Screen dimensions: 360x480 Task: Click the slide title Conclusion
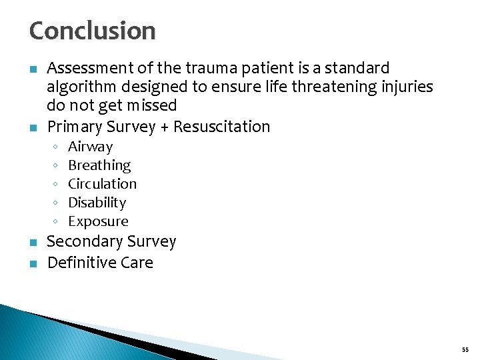[92, 31]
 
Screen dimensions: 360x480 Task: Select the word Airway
[91, 147]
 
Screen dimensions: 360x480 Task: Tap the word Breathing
[99, 165]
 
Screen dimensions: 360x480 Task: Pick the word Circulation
[102, 184]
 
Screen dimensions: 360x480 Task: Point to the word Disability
[97, 203]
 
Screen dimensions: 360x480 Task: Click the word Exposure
[98, 221]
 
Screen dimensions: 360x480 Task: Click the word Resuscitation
[221, 127]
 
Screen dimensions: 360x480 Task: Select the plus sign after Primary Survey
[164, 127]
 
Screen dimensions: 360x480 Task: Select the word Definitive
[79, 263]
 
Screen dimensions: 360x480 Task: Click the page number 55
[465, 349]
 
